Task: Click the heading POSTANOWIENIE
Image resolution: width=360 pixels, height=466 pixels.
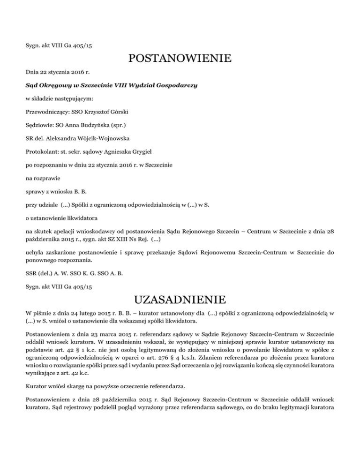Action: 180,59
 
